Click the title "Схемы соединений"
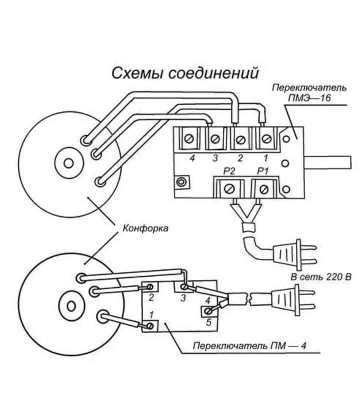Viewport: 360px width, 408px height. [184, 73]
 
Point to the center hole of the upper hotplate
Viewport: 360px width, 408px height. [69, 163]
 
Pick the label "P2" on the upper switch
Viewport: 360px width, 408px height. [229, 171]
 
